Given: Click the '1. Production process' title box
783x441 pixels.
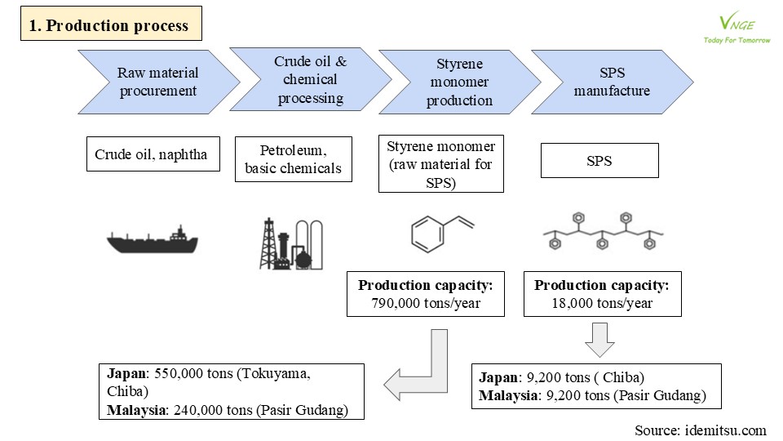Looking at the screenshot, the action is pos(111,24).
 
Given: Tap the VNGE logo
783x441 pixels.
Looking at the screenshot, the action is pos(737,29).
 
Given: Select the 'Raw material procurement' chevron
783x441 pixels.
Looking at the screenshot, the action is pos(159,82).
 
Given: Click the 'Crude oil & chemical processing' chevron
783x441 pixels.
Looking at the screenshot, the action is pos(310,79).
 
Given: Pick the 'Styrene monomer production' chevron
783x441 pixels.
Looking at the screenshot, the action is pos(459,82).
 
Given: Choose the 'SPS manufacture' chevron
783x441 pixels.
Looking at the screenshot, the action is pos(613,82).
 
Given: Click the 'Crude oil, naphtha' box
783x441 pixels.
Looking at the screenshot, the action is pos(153,154).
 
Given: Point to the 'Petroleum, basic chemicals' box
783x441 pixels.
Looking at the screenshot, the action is pos(293,159).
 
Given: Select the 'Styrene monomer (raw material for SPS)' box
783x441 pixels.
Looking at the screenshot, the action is pos(441,163).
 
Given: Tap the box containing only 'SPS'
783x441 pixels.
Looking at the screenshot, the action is pos(599,161).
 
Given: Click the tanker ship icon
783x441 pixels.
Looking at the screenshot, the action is pos(153,239).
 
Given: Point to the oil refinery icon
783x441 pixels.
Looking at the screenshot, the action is pos(291,244).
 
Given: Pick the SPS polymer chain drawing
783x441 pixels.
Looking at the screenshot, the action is pos(603,231).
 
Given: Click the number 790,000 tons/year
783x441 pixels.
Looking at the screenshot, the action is pos(426,303).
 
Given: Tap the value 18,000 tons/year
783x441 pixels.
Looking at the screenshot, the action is pos(602,303).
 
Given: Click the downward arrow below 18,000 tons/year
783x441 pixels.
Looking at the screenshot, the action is pos(599,340).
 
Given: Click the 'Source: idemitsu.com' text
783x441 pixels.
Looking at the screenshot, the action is pos(700,430).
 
